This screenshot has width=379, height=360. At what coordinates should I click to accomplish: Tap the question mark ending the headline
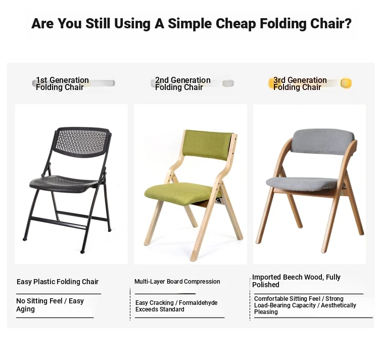(x=348, y=23)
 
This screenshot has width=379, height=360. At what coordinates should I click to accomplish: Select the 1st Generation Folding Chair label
(x=62, y=83)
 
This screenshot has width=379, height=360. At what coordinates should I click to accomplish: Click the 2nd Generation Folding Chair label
(x=182, y=83)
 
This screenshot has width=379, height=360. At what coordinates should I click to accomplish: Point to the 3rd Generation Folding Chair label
(x=300, y=83)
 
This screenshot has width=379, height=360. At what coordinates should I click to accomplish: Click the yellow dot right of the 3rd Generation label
(x=346, y=83)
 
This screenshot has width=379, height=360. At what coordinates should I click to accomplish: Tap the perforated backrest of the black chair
(x=81, y=142)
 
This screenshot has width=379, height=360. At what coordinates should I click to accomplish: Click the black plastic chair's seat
(x=64, y=184)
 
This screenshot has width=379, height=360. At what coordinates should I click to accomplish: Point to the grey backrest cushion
(x=323, y=142)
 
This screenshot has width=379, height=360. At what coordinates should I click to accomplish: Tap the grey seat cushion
(x=302, y=185)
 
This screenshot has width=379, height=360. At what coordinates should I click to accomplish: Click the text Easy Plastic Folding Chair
(x=58, y=282)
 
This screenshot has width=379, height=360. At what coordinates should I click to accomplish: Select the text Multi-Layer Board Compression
(x=177, y=282)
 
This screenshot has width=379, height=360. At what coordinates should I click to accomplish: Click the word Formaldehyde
(x=198, y=303)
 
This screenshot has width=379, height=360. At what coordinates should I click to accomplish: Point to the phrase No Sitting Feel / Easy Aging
(x=50, y=305)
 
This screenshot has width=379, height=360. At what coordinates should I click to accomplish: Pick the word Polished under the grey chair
(x=266, y=285)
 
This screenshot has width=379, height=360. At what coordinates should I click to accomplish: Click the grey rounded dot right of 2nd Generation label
(x=228, y=83)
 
